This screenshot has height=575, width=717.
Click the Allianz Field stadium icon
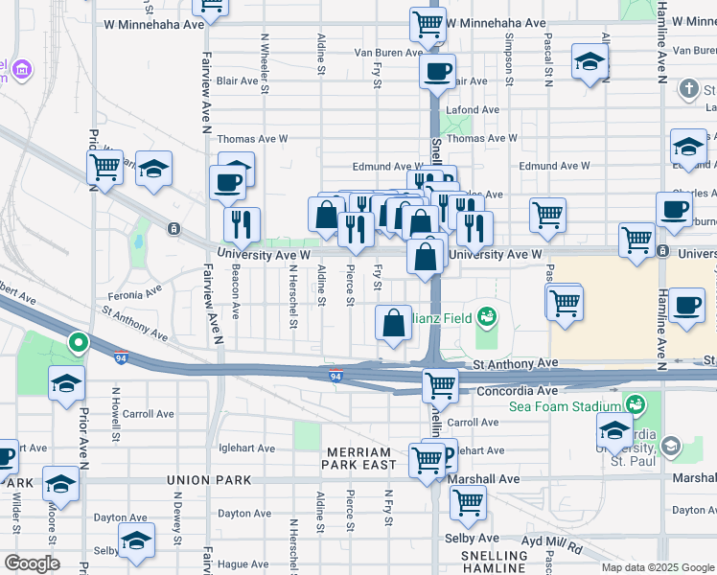point(487,315)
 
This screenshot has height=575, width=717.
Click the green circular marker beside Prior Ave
point(78,341)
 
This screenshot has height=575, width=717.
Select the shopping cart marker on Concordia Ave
point(439,385)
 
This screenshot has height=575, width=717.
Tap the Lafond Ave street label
point(473,110)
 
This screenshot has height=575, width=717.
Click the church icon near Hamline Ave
point(687,90)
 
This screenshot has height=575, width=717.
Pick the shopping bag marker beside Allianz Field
point(394,324)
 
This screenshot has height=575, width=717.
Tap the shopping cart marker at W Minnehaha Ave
point(428,23)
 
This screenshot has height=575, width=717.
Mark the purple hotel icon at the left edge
point(21,70)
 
